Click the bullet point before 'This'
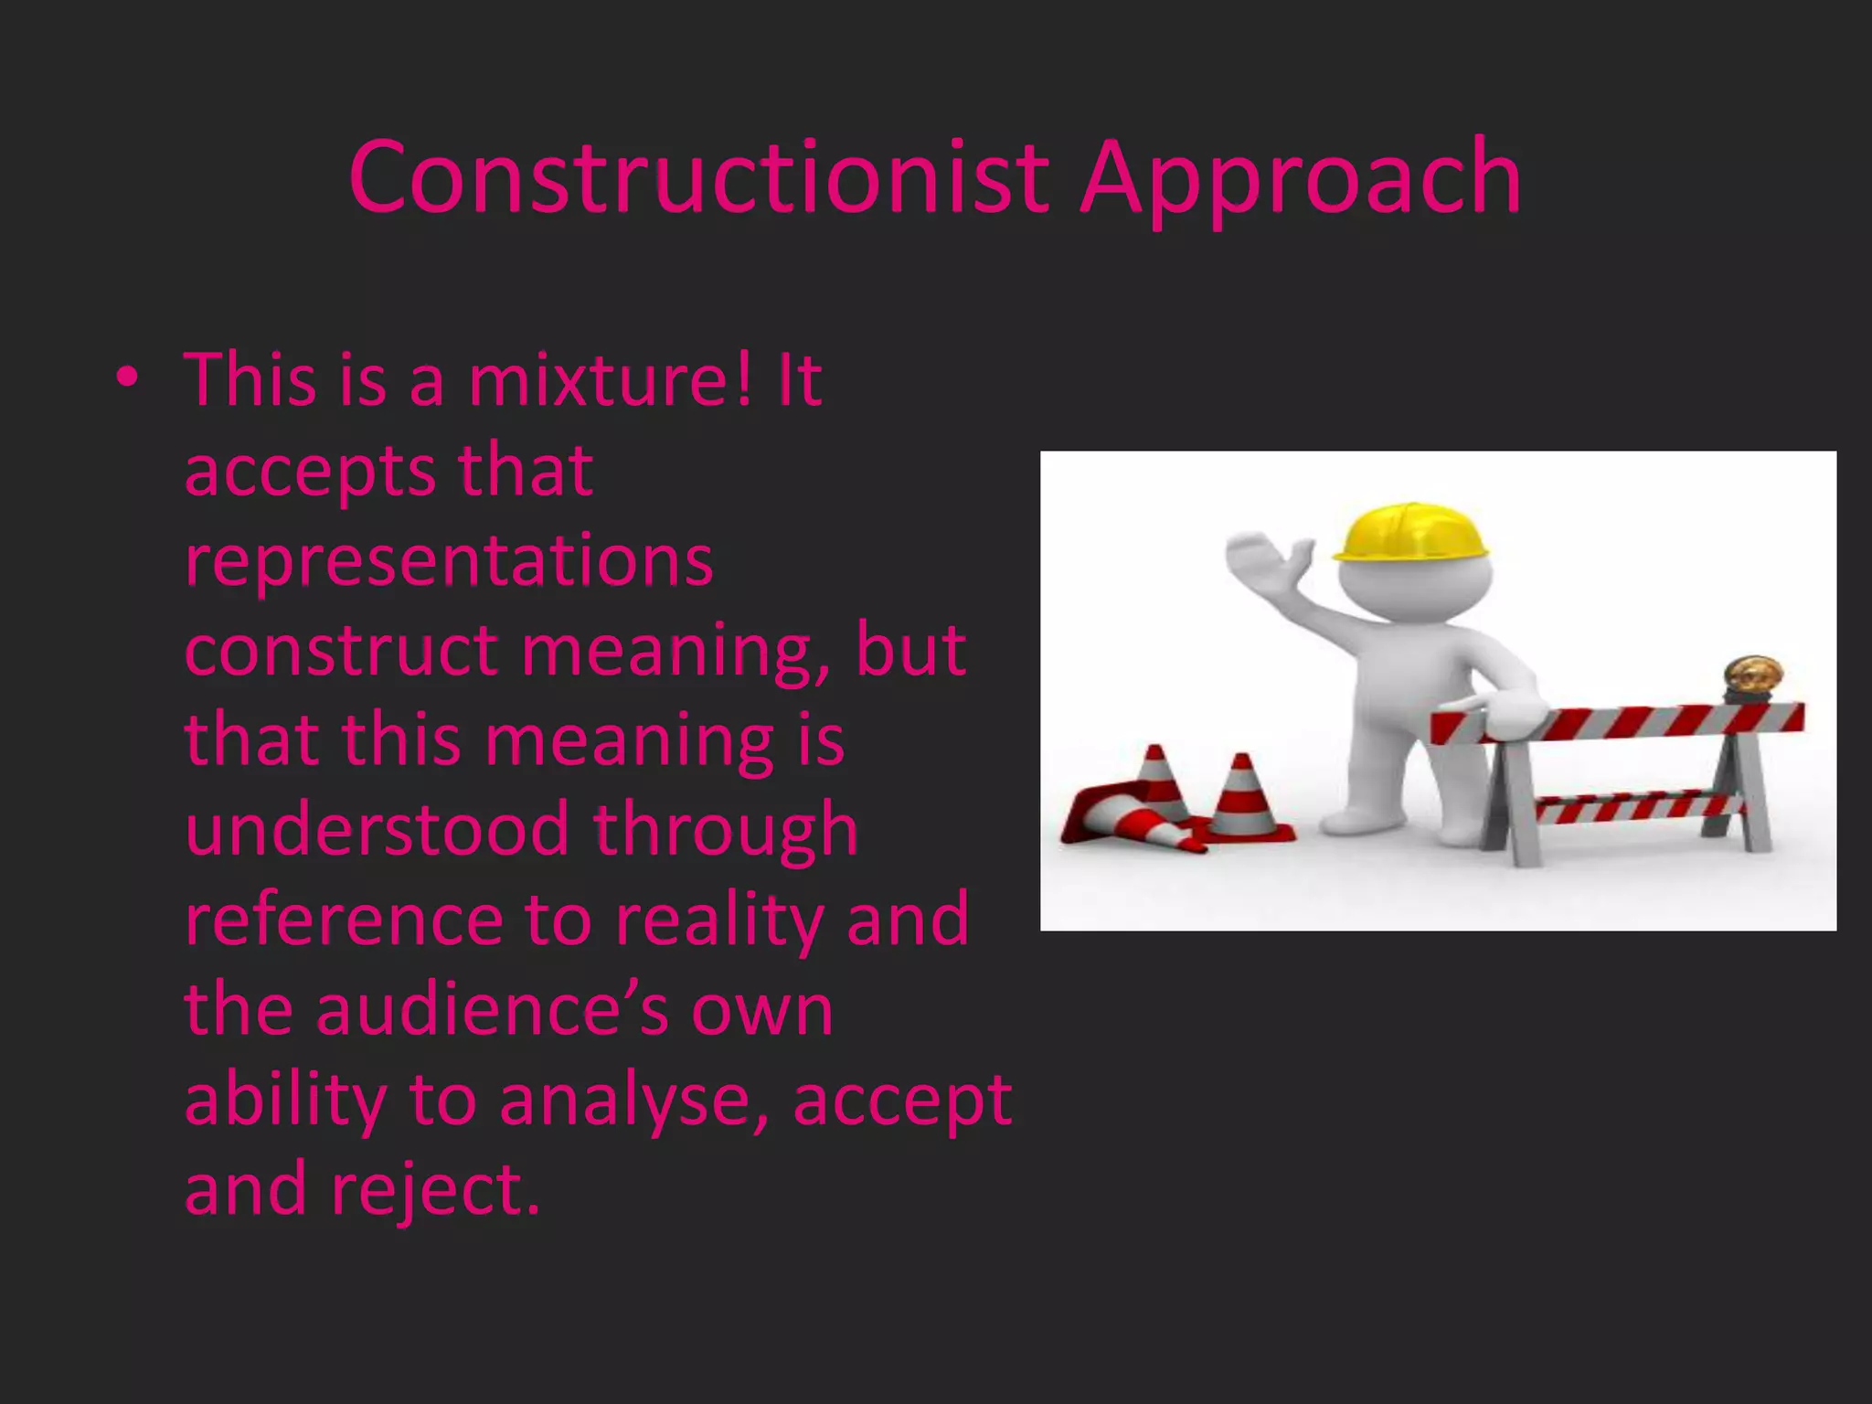(x=127, y=377)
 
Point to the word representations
(x=448, y=561)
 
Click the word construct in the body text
(x=341, y=651)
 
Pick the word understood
(x=378, y=830)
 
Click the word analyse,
(x=633, y=1101)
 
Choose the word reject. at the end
(x=436, y=1190)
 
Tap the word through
(x=726, y=830)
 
